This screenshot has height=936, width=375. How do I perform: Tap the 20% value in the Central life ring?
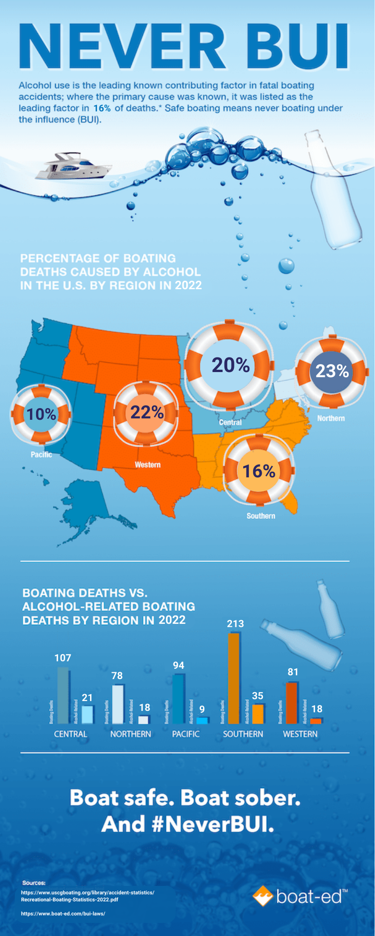[230, 365]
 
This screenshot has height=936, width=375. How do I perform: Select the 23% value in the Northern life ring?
[332, 371]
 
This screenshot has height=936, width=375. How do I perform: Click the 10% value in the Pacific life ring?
[41, 414]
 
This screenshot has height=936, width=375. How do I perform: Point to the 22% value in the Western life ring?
[146, 412]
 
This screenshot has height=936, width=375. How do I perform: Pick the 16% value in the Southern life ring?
[259, 471]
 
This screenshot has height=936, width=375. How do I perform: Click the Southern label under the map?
[261, 516]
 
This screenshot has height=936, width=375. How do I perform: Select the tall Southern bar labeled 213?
[234, 678]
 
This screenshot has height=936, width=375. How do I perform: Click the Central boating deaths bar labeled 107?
[63, 695]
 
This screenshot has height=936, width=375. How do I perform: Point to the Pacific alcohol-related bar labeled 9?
[202, 720]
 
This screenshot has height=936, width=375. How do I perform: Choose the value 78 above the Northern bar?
[117, 676]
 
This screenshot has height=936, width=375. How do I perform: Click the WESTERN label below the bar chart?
[300, 734]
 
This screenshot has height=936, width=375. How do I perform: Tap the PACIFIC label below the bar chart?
[186, 734]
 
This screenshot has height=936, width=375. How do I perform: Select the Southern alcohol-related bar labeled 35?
[258, 714]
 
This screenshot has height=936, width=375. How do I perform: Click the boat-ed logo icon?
[263, 896]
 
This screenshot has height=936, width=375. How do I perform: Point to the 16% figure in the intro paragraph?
[102, 108]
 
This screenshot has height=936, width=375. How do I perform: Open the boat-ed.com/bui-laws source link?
[63, 914]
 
